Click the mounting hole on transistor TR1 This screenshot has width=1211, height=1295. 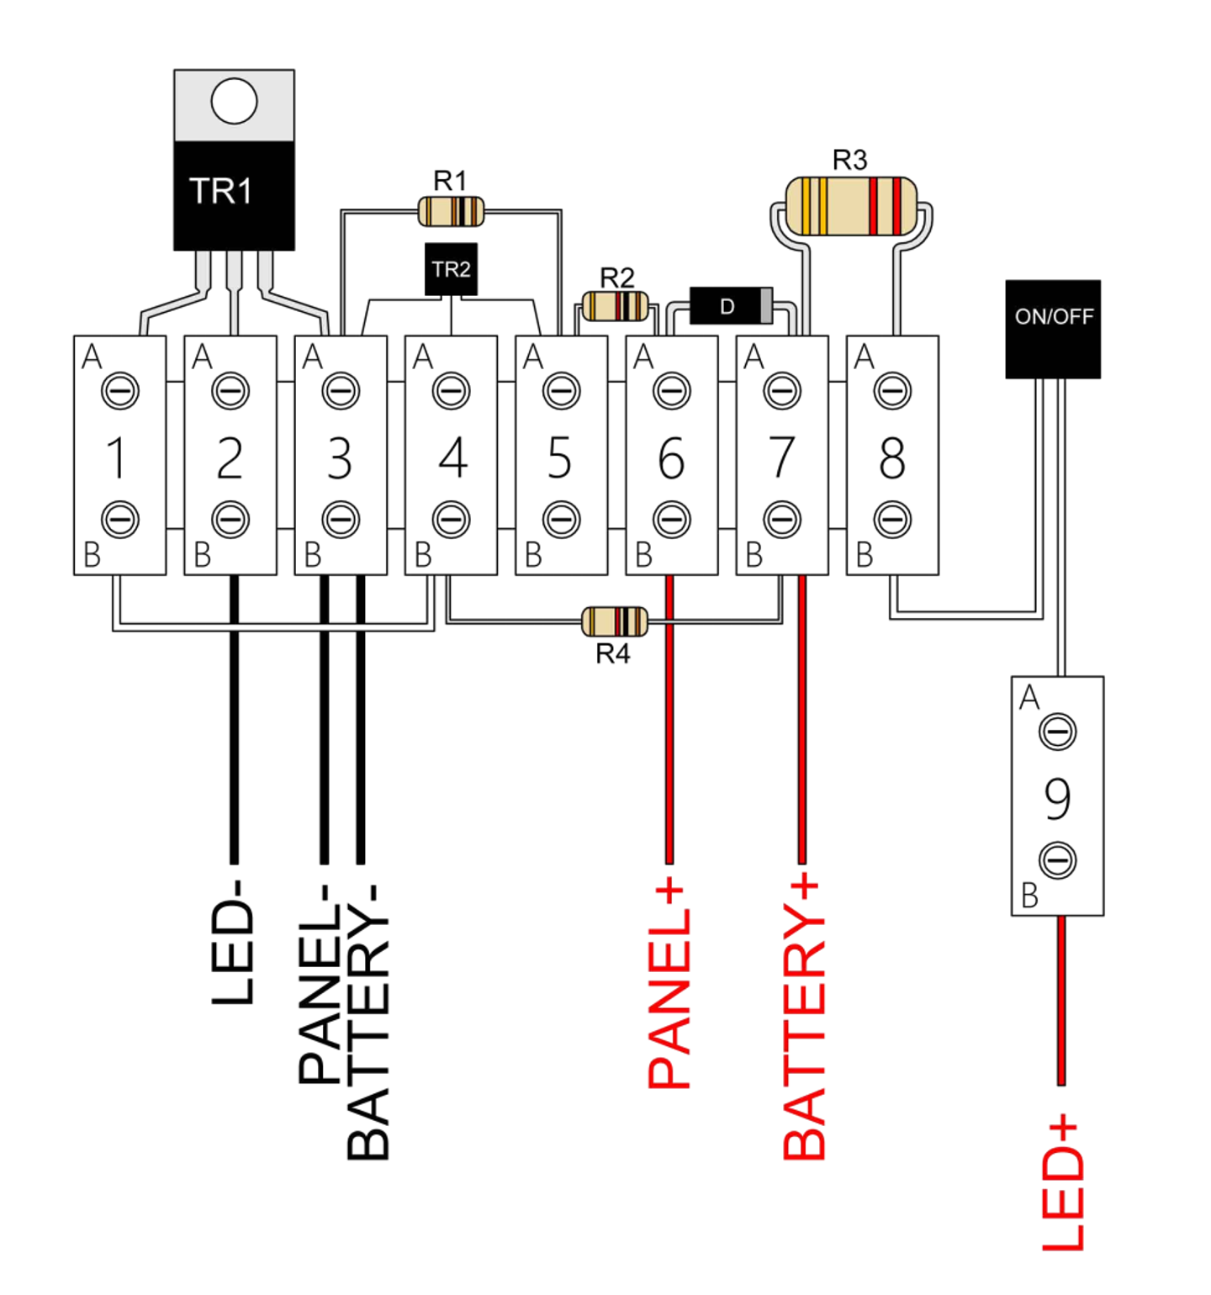(234, 101)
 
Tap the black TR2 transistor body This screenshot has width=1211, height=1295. (451, 269)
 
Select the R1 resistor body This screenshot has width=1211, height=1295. (451, 211)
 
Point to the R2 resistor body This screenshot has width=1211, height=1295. (615, 306)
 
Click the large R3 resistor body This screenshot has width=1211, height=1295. (850, 206)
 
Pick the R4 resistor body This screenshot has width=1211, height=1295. (615, 621)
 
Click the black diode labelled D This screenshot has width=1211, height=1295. (729, 306)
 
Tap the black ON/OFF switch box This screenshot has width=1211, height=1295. (1053, 329)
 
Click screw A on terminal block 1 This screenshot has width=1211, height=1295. (120, 391)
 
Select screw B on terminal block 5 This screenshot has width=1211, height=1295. (561, 520)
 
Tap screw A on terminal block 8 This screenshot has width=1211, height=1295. (892, 391)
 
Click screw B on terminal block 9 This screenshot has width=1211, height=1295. (1057, 860)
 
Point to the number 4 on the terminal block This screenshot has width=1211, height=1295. (452, 457)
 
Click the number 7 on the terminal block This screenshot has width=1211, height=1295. (782, 457)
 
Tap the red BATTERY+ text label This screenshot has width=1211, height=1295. (804, 1017)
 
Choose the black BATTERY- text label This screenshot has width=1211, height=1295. (368, 1022)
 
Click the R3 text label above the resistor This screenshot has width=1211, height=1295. (849, 160)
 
